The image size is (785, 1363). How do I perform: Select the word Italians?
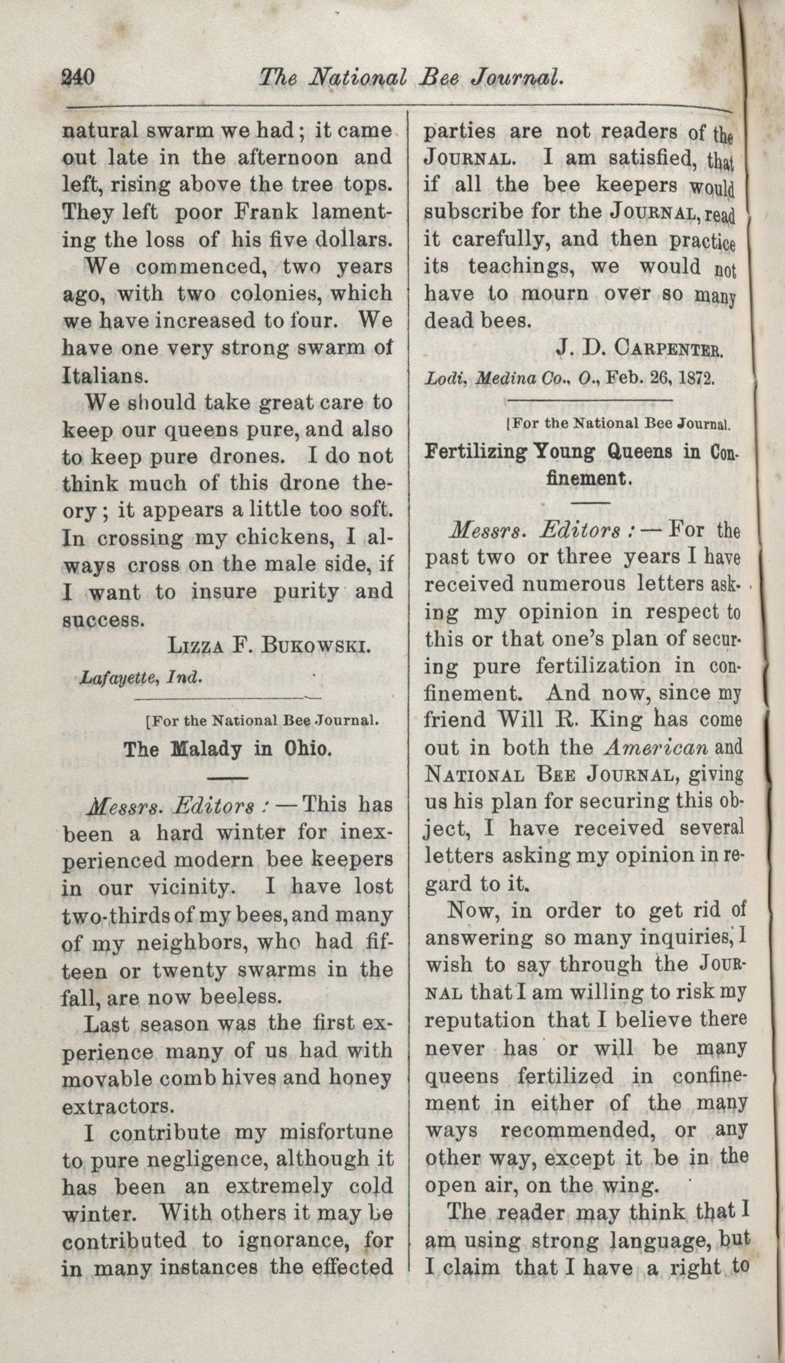pos(105,375)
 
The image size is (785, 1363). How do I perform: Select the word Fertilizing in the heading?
pos(475,451)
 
